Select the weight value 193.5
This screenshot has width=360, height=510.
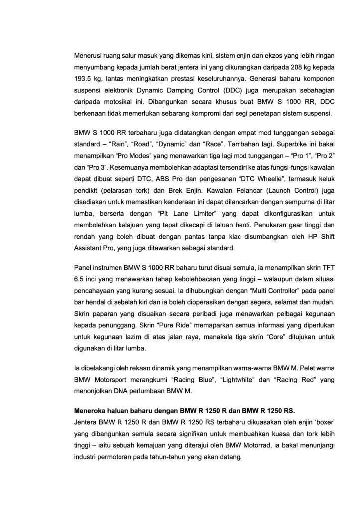click(x=83, y=80)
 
